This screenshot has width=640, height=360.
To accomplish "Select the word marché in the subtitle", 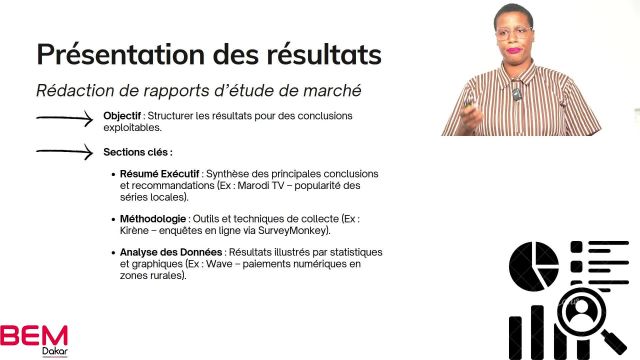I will pyautogui.click(x=326, y=91).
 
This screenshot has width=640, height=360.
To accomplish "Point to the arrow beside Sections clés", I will pyautogui.click(x=65, y=152).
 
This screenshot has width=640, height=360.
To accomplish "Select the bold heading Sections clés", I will pyautogui.click(x=137, y=152).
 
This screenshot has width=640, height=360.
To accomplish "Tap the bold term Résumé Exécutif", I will pyautogui.click(x=157, y=174).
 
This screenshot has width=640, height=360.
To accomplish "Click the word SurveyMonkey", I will pyautogui.click(x=296, y=230).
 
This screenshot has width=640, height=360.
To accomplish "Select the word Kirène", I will pyautogui.click(x=137, y=230).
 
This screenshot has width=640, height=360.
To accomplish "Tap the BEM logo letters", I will pyautogui.click(x=34, y=334).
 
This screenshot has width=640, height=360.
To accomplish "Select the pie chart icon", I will pyautogui.click(x=533, y=266).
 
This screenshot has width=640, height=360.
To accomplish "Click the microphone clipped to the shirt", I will pyautogui.click(x=517, y=92).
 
